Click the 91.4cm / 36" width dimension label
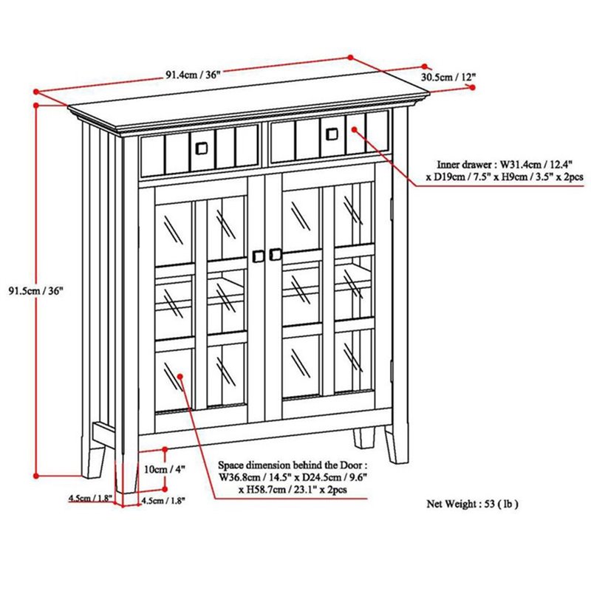pyautogui.click(x=193, y=75)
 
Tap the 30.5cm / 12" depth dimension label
pyautogui.click(x=448, y=78)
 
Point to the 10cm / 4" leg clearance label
pyautogui.click(x=165, y=469)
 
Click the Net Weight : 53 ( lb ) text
pyautogui.click(x=472, y=504)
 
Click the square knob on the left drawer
pyautogui.click(x=202, y=148)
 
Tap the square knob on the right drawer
pyautogui.click(x=332, y=134)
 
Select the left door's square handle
pyautogui.click(x=258, y=256)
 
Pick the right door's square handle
pyautogui.click(x=276, y=254)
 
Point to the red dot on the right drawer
pyautogui.click(x=355, y=129)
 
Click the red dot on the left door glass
pyautogui.click(x=180, y=376)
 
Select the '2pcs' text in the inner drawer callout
pyautogui.click(x=573, y=177)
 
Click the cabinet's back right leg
pyautogui.click(x=364, y=438)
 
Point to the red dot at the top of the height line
pyautogui.click(x=36, y=106)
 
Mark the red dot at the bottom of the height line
pyautogui.click(x=36, y=476)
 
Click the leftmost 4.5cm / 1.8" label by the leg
pyautogui.click(x=90, y=498)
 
